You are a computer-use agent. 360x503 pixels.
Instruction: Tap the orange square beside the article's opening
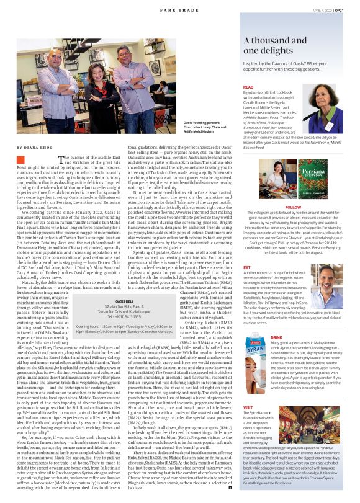pyautogui.click(x=20, y=160)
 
